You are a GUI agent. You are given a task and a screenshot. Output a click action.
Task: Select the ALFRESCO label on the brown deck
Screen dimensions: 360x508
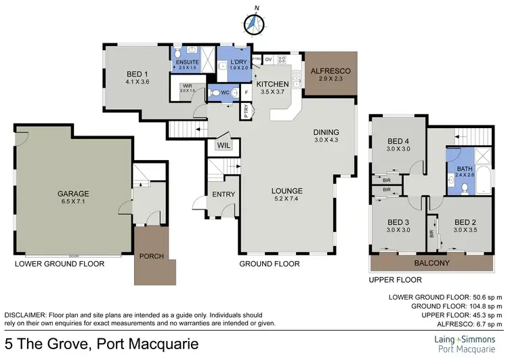(329, 71)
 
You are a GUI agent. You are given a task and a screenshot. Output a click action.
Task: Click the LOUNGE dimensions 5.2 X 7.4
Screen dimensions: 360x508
(288, 199)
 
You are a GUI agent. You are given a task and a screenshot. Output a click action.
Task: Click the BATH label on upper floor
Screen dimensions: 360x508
(465, 169)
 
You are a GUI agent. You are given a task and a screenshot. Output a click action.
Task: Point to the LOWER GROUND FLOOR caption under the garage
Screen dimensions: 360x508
(60, 264)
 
